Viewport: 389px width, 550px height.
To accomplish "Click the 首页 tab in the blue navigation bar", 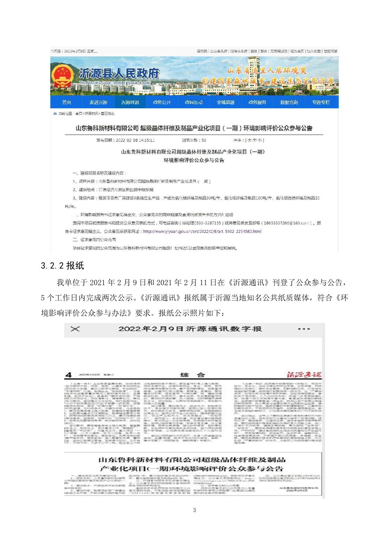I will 67,102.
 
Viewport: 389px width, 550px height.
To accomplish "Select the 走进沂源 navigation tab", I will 98,102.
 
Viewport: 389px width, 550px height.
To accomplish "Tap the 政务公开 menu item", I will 162,102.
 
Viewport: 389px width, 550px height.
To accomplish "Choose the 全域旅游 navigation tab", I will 225,102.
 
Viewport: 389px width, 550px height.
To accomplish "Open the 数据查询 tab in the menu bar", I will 289,102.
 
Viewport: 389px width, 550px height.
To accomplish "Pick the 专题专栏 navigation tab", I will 321,102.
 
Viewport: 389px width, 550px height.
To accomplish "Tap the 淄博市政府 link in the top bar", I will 239,51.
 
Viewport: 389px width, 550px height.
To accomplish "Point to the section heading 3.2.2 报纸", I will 63,266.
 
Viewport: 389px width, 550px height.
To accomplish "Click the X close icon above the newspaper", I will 75,329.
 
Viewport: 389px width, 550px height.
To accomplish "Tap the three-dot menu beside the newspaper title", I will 304,329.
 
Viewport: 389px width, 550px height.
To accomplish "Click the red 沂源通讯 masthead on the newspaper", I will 303,375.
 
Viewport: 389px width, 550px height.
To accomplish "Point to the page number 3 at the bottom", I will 194,510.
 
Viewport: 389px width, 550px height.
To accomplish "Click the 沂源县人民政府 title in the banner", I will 119,74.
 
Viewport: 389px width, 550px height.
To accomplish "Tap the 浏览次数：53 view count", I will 194,140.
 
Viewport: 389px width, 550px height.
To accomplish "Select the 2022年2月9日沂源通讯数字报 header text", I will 190,329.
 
